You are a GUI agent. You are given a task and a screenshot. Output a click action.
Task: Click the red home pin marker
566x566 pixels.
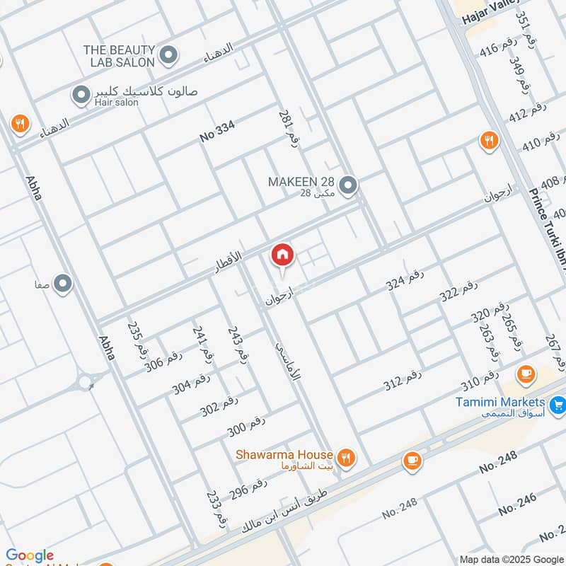click(x=282, y=255)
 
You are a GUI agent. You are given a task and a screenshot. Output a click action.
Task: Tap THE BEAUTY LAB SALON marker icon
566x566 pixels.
click(x=168, y=54)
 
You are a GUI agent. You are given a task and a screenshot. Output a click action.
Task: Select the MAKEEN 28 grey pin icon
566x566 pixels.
click(x=347, y=186)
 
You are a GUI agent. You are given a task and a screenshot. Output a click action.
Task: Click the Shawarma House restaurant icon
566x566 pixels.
click(x=345, y=458)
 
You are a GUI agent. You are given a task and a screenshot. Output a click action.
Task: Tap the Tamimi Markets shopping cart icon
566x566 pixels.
click(x=558, y=405)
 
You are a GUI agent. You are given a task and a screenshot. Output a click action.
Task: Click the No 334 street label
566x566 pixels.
click(x=216, y=132)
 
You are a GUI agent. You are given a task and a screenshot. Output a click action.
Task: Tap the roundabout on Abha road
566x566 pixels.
click(x=86, y=383)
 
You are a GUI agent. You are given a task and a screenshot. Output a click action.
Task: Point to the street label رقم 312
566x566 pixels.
click(x=403, y=381)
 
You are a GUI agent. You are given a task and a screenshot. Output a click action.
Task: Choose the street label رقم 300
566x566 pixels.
click(x=246, y=427)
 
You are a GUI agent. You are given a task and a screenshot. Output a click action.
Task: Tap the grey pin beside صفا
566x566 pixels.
click(x=63, y=284)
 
